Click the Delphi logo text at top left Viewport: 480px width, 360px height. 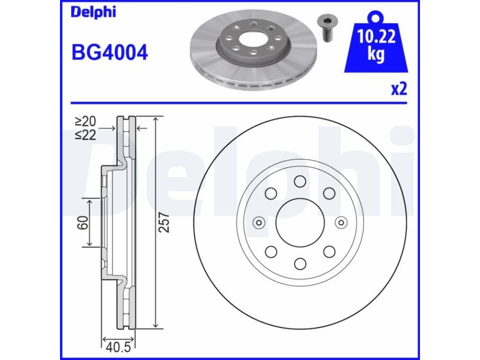(x=93, y=12)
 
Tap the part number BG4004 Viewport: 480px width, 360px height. (x=110, y=52)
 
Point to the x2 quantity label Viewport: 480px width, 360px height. (x=399, y=89)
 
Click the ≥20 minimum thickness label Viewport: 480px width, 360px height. (x=86, y=121)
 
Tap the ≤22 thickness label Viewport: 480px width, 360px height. (x=86, y=135)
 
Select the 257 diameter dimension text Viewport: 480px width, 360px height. (x=165, y=222)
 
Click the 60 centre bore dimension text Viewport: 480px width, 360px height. (x=82, y=223)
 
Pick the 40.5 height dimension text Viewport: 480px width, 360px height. (x=118, y=347)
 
